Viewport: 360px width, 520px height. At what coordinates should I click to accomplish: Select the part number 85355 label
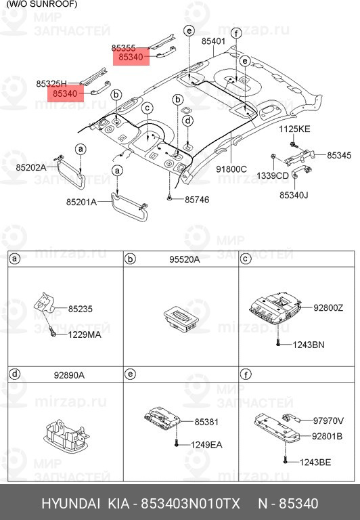(x=124, y=48)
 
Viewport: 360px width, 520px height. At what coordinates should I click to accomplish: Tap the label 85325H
(x=51, y=83)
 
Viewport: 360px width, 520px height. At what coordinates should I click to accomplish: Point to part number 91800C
(x=231, y=169)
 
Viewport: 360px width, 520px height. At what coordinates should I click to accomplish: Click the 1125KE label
(x=295, y=129)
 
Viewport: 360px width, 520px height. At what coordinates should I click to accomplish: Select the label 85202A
(x=32, y=167)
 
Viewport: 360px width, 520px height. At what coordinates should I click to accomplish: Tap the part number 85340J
(x=294, y=195)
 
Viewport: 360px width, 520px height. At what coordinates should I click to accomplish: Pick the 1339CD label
(x=273, y=175)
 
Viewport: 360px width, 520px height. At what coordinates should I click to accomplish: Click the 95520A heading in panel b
(x=183, y=259)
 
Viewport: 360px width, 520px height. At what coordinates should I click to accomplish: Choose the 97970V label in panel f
(x=328, y=420)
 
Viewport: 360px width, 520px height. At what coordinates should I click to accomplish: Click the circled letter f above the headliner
(x=235, y=33)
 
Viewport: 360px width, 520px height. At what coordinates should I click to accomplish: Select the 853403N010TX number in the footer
(x=189, y=504)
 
